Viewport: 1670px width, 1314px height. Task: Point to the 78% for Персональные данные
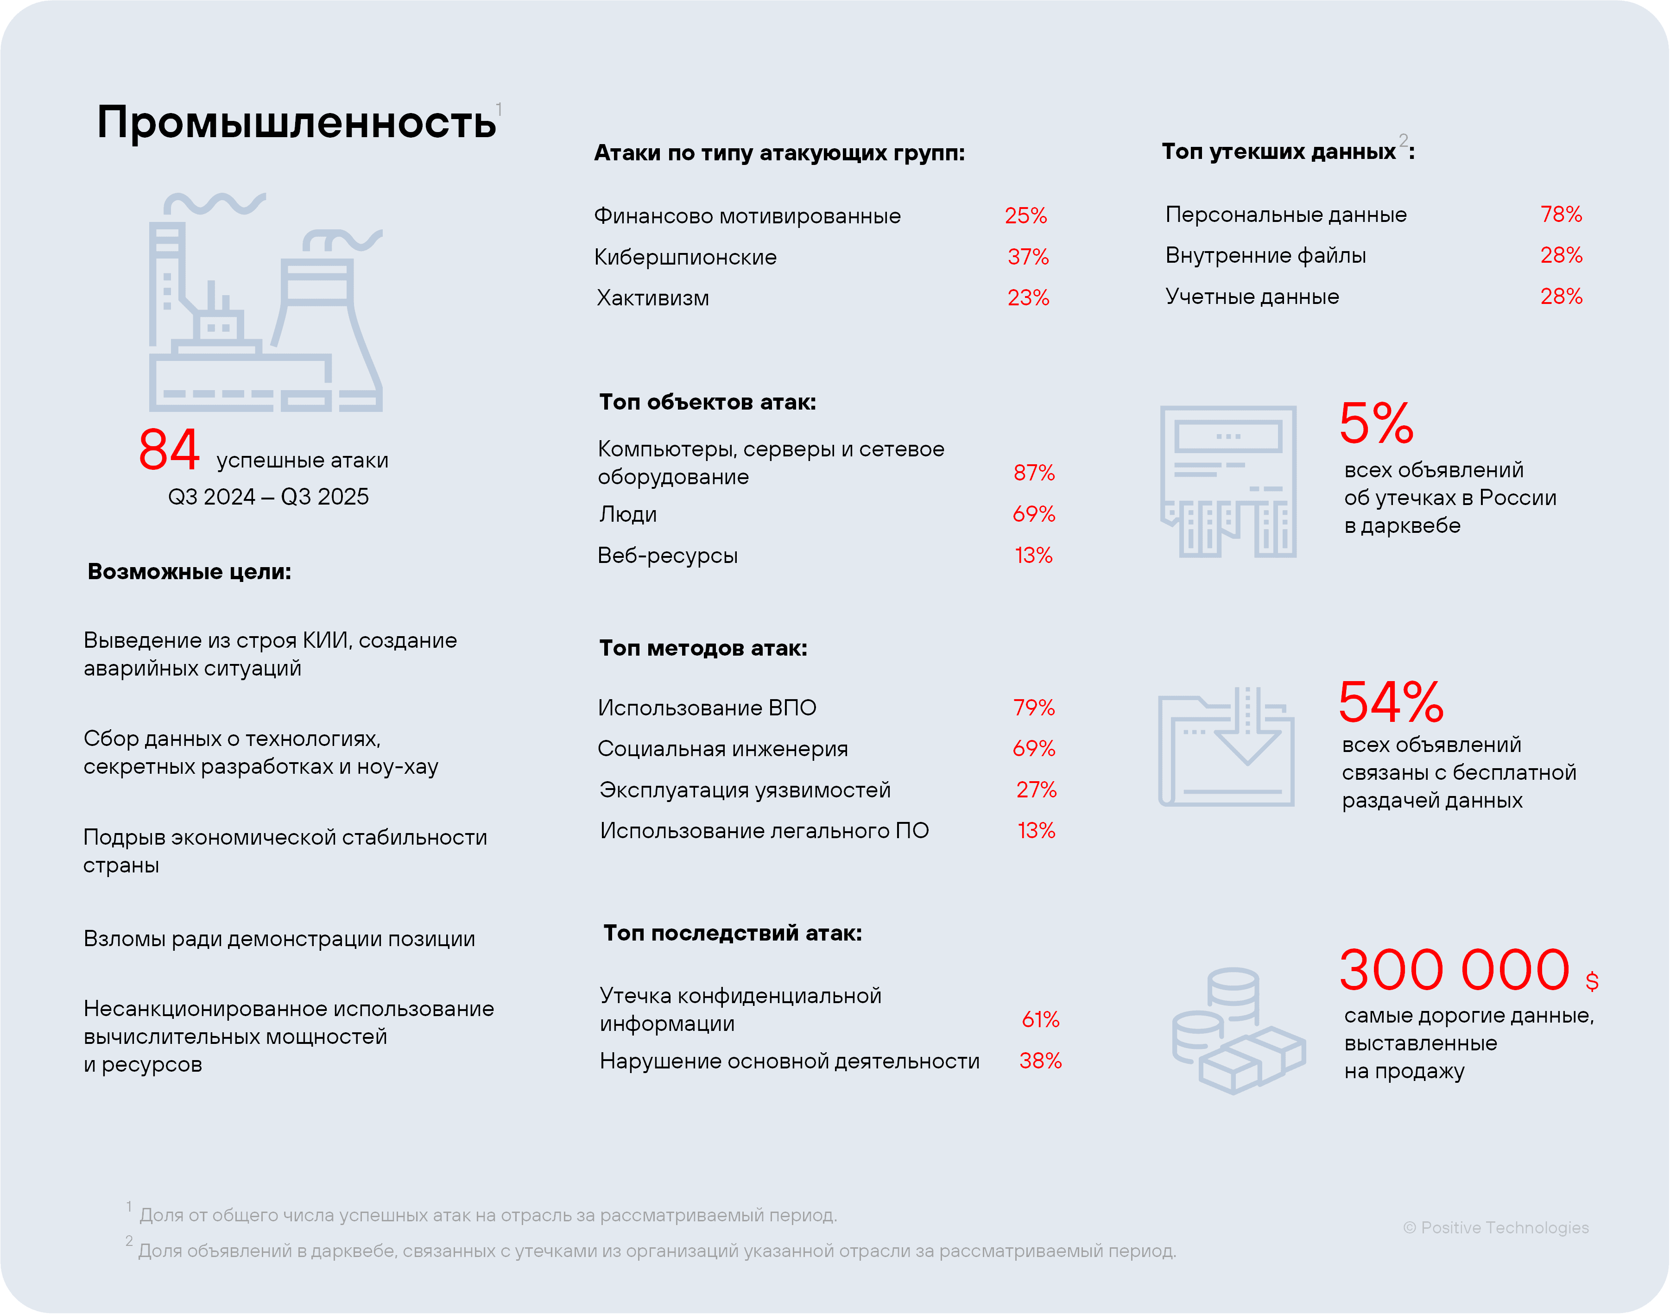1561,214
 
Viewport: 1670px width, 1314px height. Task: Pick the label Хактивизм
652,298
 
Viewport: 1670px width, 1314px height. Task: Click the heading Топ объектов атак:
707,402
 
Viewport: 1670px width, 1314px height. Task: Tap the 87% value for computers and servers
1034,472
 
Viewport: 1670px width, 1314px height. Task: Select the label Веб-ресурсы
667,556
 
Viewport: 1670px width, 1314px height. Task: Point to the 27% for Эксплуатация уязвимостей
1036,790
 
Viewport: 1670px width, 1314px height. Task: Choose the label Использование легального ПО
764,831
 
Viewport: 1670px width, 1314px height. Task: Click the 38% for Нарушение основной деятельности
1040,1061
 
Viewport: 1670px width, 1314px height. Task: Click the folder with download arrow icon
1226,747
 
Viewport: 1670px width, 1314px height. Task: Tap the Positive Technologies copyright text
1496,1228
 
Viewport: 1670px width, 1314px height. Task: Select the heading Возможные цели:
189,572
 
